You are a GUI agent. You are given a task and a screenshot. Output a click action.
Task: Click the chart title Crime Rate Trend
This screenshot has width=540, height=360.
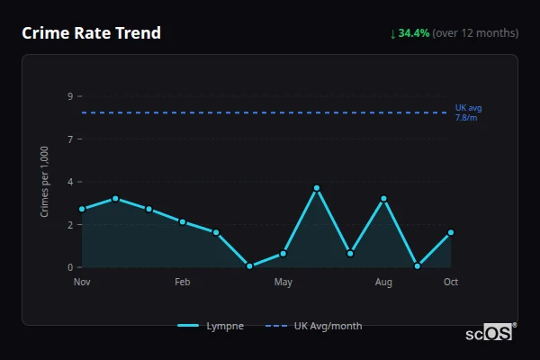pyautogui.click(x=91, y=33)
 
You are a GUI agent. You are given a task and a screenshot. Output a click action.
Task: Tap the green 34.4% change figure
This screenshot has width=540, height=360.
pyautogui.click(x=414, y=33)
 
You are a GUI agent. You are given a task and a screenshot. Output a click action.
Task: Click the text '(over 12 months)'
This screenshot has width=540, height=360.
pyautogui.click(x=475, y=33)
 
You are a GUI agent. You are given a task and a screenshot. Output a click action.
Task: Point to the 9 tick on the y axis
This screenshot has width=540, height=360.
pyautogui.click(x=69, y=95)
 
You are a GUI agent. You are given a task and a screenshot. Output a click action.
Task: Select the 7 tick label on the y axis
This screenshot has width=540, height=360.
pyautogui.click(x=69, y=139)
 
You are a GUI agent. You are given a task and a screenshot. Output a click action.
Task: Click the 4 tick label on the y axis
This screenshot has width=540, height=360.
pyautogui.click(x=69, y=182)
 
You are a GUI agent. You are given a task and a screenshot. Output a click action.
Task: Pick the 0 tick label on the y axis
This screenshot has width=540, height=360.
pyautogui.click(x=69, y=267)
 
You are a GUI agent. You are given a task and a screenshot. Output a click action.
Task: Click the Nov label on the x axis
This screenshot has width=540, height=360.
pyautogui.click(x=82, y=283)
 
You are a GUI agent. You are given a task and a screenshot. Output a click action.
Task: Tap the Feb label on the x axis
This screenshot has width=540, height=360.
pyautogui.click(x=183, y=283)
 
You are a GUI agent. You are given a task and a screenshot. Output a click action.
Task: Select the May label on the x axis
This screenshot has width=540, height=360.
pyautogui.click(x=283, y=283)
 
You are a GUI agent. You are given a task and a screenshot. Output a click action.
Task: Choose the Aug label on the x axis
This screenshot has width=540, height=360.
pyautogui.click(x=383, y=283)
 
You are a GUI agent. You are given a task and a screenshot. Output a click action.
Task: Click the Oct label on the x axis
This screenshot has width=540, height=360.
pyautogui.click(x=451, y=283)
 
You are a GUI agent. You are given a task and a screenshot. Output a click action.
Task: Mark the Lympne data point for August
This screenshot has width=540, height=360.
pyautogui.click(x=383, y=199)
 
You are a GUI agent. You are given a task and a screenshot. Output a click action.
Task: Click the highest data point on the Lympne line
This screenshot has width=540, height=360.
pyautogui.click(x=317, y=188)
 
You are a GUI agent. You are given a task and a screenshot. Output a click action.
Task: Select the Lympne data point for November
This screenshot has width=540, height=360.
pyautogui.click(x=82, y=209)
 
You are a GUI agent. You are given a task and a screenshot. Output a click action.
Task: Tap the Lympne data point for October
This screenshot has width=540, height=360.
pyautogui.click(x=451, y=232)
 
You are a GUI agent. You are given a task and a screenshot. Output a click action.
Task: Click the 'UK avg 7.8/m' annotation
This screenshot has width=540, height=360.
pyautogui.click(x=468, y=112)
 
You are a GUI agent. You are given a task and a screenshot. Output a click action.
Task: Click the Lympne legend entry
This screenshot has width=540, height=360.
pyautogui.click(x=211, y=326)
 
